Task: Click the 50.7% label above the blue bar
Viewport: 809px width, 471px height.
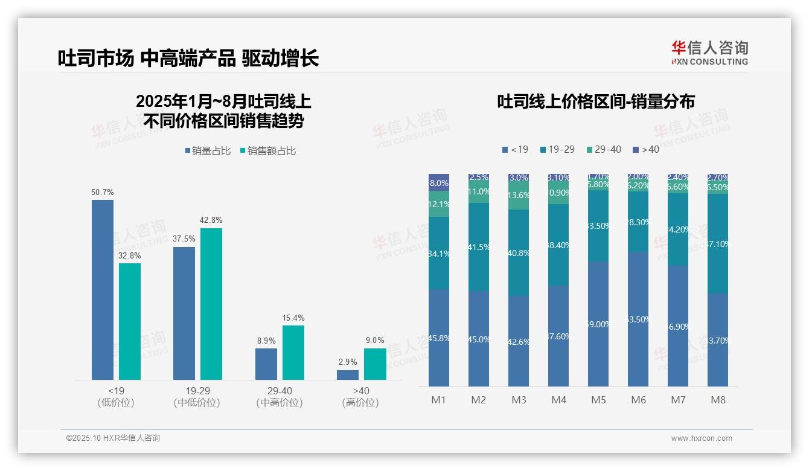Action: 103,193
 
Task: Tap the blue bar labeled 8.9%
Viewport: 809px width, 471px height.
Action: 266,364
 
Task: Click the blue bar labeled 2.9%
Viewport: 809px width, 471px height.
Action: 348,375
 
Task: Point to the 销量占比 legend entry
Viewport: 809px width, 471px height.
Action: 208,151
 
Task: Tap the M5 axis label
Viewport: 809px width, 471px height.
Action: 598,400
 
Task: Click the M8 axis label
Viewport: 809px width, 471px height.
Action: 718,400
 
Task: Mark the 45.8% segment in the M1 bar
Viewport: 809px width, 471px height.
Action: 439,338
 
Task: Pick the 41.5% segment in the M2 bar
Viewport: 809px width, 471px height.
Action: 479,247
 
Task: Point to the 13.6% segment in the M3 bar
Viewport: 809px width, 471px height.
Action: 519,195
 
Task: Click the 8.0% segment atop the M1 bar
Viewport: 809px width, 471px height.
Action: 439,182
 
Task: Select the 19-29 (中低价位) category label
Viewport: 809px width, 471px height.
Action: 197,397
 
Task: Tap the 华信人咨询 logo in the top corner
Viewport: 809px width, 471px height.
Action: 709,53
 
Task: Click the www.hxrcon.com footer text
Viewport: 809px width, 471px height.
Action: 701,438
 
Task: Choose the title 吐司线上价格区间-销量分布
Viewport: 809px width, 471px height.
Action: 595,101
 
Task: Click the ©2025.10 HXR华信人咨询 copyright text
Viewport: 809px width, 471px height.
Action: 113,438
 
